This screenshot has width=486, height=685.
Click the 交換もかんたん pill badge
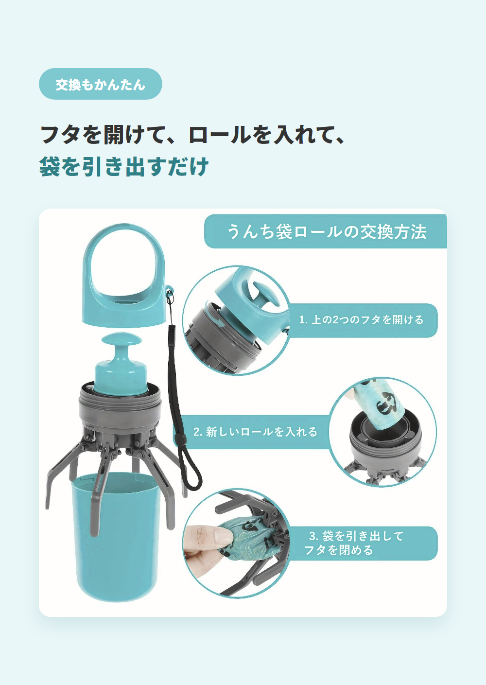click(100, 84)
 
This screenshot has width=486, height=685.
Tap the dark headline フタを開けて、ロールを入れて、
click(192, 134)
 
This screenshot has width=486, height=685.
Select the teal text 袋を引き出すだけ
click(124, 167)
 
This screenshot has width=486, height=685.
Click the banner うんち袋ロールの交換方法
click(326, 231)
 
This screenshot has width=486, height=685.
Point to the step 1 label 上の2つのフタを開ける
click(361, 320)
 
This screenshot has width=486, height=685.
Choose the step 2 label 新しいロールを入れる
click(255, 432)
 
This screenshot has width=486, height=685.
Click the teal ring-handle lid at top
click(124, 275)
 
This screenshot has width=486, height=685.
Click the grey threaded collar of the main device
click(120, 408)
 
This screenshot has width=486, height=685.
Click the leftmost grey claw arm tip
click(47, 506)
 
